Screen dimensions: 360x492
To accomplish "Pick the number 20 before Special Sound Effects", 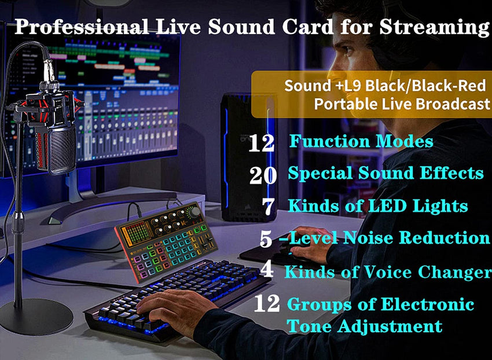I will [263, 175].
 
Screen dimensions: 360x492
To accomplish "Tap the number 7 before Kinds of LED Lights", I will [267, 207].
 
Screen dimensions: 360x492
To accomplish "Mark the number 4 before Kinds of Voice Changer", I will [267, 270].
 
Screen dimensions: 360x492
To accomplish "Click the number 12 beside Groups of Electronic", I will [267, 304].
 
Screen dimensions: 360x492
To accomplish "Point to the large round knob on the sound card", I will [195, 212].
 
